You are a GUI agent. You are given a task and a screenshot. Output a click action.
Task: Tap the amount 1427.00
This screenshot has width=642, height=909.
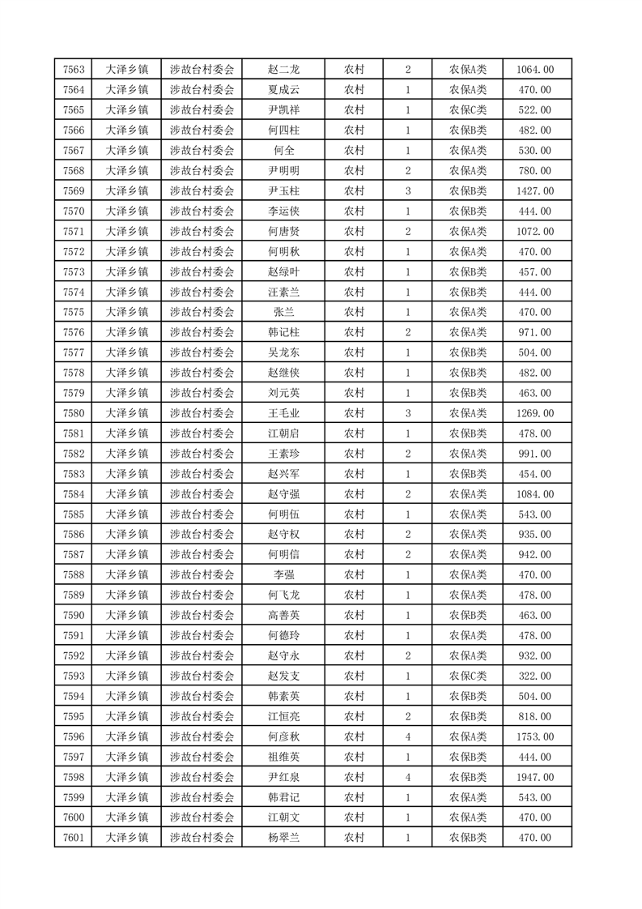click(534, 191)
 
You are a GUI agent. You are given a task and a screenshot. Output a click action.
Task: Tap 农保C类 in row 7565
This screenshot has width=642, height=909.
click(468, 110)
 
